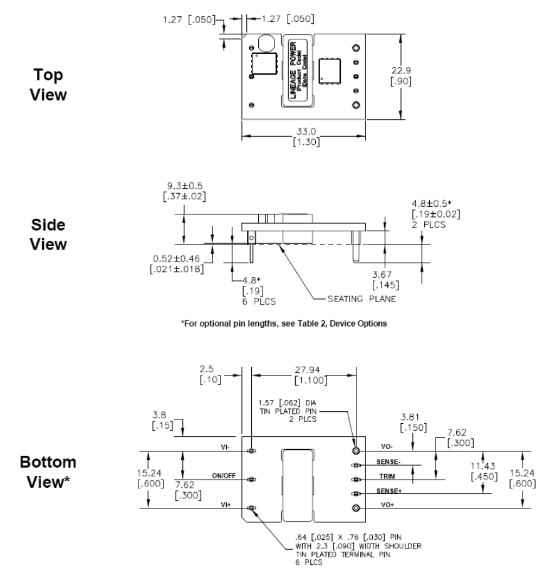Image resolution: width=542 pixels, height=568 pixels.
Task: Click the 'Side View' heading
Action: tap(50, 234)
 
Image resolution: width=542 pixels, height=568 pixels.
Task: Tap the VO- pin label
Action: tap(384, 448)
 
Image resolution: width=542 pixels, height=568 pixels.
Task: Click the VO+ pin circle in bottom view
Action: tap(356, 508)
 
